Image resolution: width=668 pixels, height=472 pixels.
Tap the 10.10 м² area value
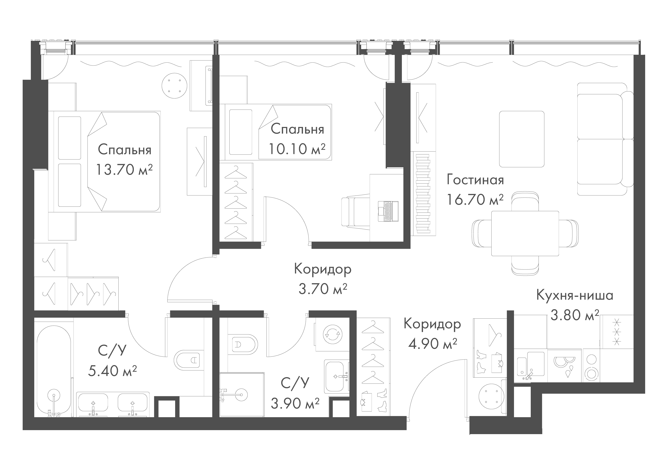pyautogui.click(x=297, y=149)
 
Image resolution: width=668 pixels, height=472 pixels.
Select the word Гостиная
pyautogui.click(x=475, y=180)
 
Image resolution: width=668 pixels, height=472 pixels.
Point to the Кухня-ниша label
pyautogui.click(x=575, y=295)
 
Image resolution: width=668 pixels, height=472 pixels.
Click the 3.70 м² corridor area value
pyautogui.click(x=323, y=289)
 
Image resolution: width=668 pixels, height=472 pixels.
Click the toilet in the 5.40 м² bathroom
pyautogui.click(x=188, y=361)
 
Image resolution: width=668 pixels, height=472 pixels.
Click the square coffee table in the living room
pyautogui.click(x=522, y=139)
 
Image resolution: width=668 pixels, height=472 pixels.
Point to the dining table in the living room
pyautogui.click(x=525, y=233)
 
